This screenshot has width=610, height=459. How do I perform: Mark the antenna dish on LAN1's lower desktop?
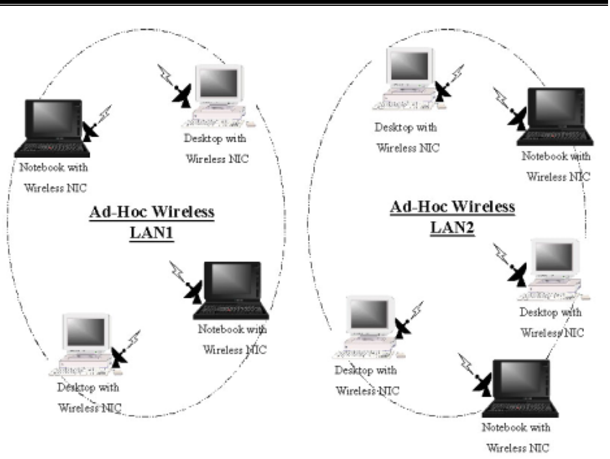120,356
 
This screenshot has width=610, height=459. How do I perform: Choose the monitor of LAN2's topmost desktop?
409,66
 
